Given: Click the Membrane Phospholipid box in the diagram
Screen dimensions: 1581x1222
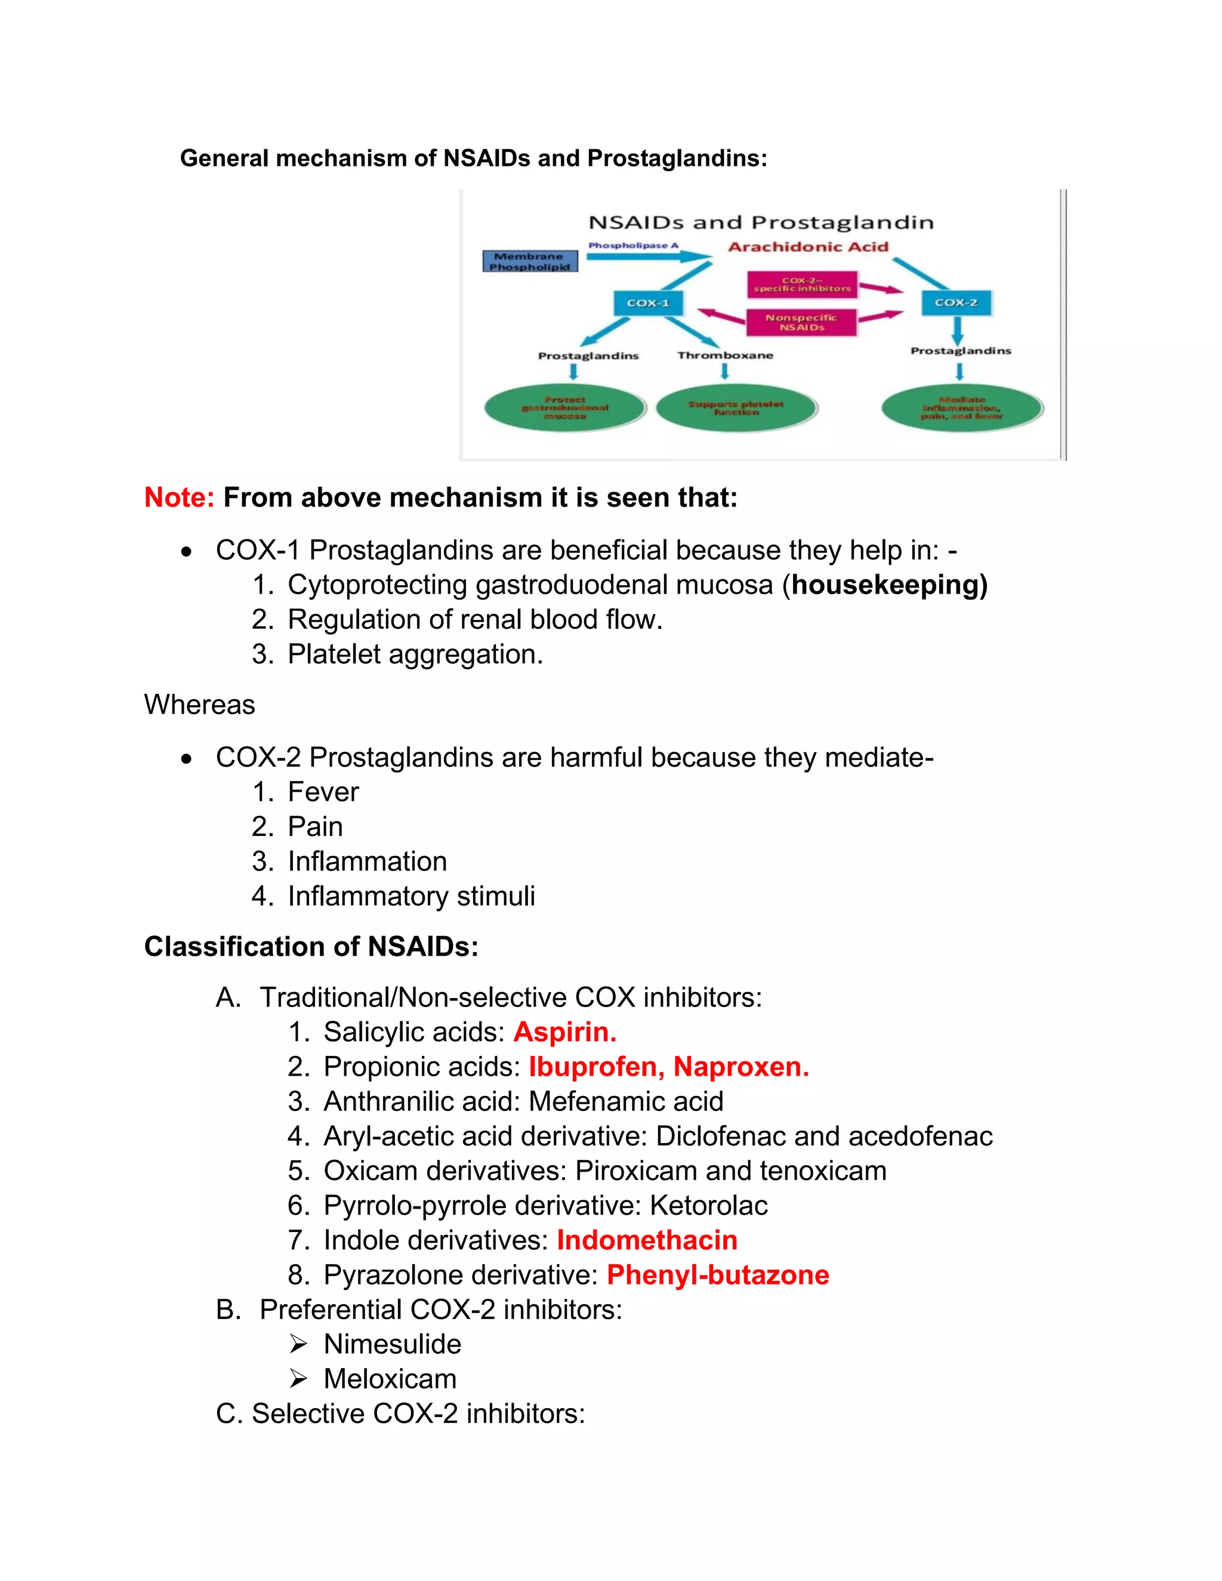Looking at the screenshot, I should pyautogui.click(x=530, y=261).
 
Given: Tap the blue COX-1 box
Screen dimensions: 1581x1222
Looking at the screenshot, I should pyautogui.click(x=648, y=302).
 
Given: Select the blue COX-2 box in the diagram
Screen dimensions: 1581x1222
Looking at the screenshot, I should pyautogui.click(x=956, y=302).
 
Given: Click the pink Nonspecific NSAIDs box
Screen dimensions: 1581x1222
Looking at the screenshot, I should pyautogui.click(x=801, y=322).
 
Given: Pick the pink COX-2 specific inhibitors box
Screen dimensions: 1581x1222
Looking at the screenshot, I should pyautogui.click(x=802, y=285).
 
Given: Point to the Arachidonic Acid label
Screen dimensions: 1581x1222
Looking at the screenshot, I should pyautogui.click(x=808, y=247).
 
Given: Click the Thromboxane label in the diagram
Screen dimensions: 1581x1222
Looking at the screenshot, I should pyautogui.click(x=724, y=356).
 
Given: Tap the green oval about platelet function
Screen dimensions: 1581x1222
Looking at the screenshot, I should pyautogui.click(x=736, y=408).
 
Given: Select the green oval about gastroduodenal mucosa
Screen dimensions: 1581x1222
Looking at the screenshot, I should pyautogui.click(x=564, y=408).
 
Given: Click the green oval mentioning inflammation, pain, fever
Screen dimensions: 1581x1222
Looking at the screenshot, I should pyautogui.click(x=962, y=408).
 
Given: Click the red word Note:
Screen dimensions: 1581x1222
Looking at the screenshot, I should pyautogui.click(x=179, y=498).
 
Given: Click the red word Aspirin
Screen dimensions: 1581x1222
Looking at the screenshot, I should pyautogui.click(x=564, y=1032).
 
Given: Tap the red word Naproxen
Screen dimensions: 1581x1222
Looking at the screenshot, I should pyautogui.click(x=740, y=1066).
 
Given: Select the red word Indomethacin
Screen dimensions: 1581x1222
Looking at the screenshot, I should pyautogui.click(x=646, y=1240).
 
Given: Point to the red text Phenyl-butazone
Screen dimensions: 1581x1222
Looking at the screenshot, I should pyautogui.click(x=717, y=1275).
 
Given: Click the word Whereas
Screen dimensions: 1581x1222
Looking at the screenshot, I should pyautogui.click(x=200, y=705).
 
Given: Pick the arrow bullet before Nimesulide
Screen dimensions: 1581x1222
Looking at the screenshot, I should pyautogui.click(x=298, y=1344).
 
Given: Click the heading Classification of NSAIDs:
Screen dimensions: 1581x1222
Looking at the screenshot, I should pyautogui.click(x=311, y=946).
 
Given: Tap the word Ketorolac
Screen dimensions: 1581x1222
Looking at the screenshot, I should pyautogui.click(x=708, y=1205).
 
